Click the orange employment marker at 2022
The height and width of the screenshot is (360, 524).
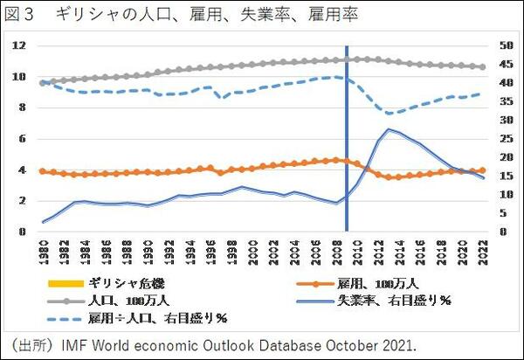point(483,170)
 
